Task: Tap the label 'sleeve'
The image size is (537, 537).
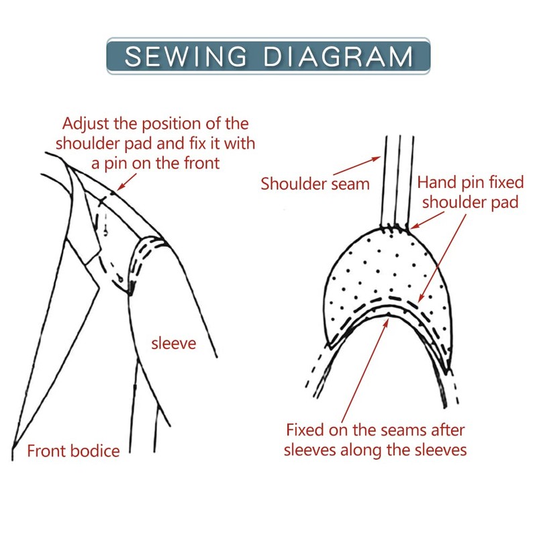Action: click(173, 344)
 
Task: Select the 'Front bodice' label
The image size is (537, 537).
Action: click(73, 450)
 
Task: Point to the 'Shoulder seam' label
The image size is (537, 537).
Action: click(315, 183)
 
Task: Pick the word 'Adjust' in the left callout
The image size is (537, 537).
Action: click(86, 124)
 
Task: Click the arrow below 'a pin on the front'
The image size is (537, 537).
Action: click(128, 180)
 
